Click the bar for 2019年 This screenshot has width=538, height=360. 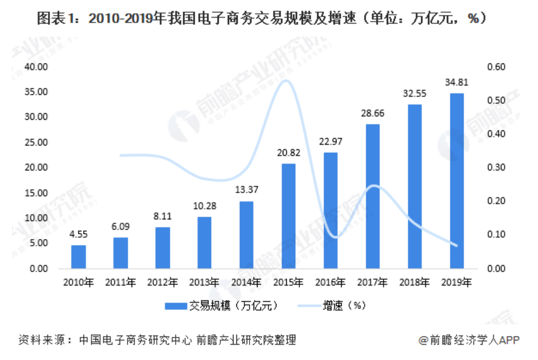(x=457, y=181)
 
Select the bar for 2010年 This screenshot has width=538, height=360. (x=78, y=257)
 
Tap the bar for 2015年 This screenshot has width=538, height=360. (x=288, y=216)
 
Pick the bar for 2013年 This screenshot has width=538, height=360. (x=204, y=243)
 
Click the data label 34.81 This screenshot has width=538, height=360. (x=457, y=84)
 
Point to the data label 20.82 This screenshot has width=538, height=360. (x=288, y=154)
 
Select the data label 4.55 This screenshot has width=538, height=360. (x=78, y=235)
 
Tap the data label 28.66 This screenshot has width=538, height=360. (x=373, y=114)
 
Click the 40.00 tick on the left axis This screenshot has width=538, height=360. (x=35, y=67)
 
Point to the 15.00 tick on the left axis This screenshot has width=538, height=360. (x=35, y=193)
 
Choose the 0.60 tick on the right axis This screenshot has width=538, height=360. (x=496, y=67)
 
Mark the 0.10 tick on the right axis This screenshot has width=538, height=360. (x=496, y=235)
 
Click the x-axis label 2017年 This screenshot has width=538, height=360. (x=373, y=282)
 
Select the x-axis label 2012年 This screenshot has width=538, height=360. (x=163, y=282)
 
